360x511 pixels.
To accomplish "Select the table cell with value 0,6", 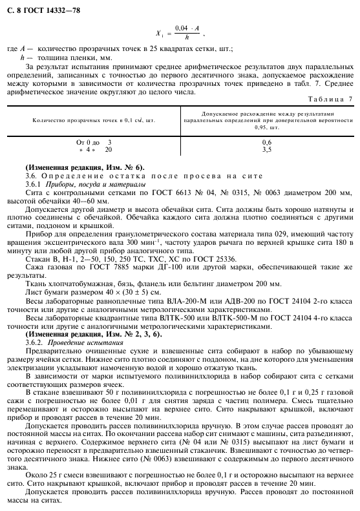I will tap(266, 141).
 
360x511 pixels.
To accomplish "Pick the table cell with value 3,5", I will tap(266, 149).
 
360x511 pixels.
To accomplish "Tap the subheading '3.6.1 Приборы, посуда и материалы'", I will tap(81, 184).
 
